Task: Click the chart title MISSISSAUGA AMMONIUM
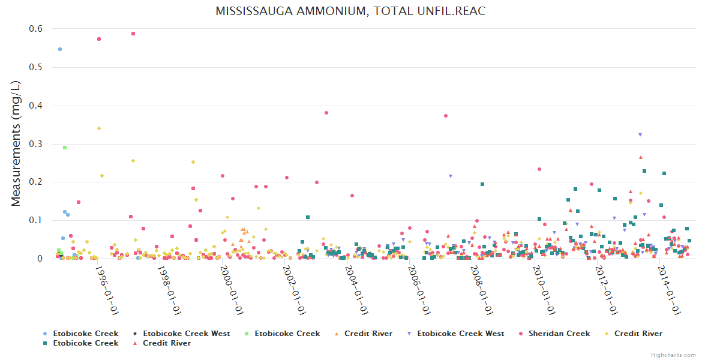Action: [x=350, y=11]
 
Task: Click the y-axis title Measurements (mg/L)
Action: [x=16, y=144]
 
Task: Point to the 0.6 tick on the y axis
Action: [x=35, y=29]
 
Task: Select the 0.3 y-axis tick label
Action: [x=35, y=144]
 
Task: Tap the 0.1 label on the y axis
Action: [x=35, y=220]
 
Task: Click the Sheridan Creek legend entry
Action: [x=559, y=334]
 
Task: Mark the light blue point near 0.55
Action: [x=60, y=49]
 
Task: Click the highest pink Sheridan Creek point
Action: [x=133, y=34]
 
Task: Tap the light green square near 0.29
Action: [x=65, y=148]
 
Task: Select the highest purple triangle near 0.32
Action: [x=640, y=135]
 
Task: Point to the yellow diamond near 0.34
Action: [x=99, y=128]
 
